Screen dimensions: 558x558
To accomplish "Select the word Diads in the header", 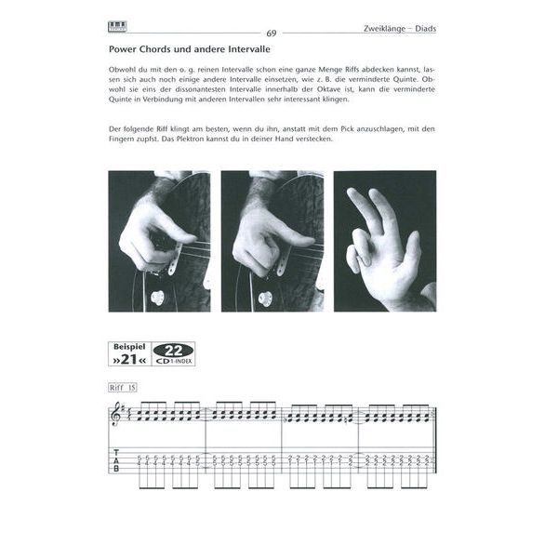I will coord(423,29).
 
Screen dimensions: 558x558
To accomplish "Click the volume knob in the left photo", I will coord(156,298).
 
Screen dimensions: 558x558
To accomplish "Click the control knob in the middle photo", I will coord(265,299).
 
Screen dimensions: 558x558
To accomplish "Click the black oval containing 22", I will coord(174,349).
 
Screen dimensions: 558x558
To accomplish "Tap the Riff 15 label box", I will coord(121,385).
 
